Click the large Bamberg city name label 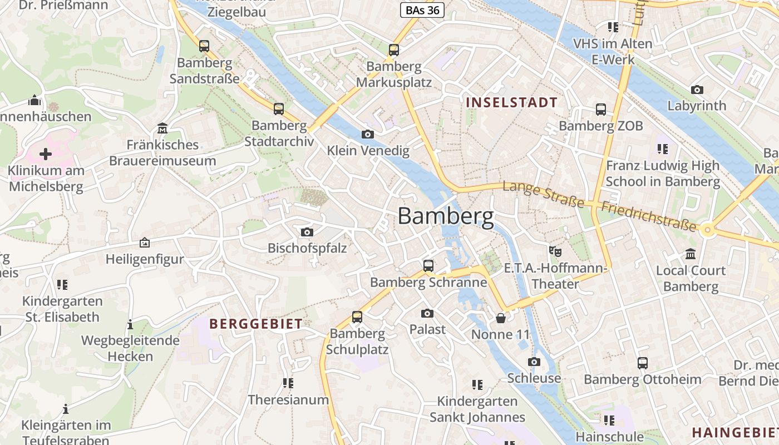click(445, 216)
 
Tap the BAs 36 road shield click(422, 10)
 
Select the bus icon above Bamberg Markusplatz click(394, 50)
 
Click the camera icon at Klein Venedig click(367, 134)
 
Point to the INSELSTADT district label click(511, 102)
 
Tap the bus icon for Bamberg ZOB click(601, 109)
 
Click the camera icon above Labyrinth click(697, 90)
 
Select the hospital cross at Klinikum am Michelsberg click(46, 154)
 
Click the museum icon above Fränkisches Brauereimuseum click(162, 128)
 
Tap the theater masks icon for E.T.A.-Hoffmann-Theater click(555, 251)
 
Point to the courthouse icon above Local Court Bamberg click(691, 254)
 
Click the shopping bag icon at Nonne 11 click(500, 318)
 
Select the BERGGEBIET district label click(256, 323)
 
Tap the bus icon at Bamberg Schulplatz click(357, 317)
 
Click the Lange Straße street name click(543, 194)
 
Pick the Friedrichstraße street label click(649, 217)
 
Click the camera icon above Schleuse click(534, 362)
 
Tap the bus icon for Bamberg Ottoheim click(643, 363)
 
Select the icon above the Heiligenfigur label click(145, 243)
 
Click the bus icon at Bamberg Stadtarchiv click(279, 108)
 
